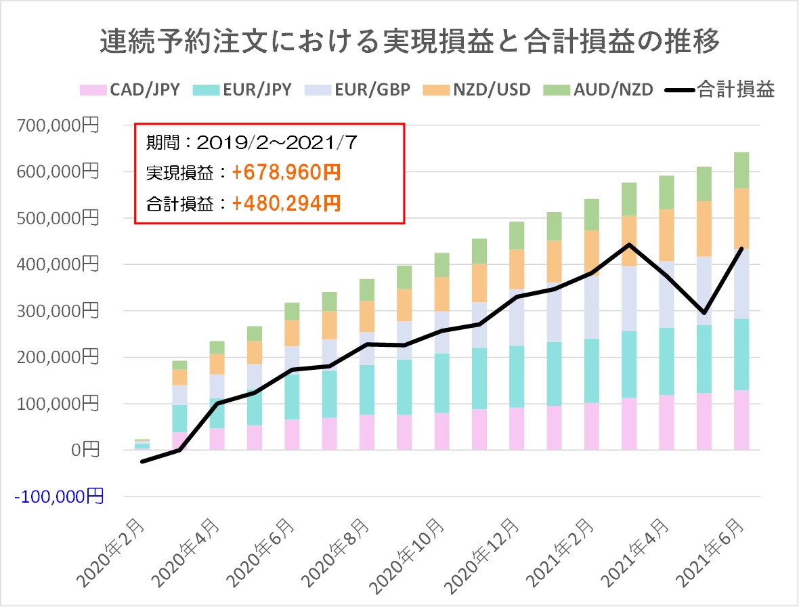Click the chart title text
click(399, 42)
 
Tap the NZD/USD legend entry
click(477, 89)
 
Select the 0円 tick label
click(87, 450)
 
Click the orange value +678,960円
click(285, 173)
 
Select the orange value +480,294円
click(285, 203)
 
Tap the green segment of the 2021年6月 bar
click(741, 170)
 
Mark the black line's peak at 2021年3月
click(629, 245)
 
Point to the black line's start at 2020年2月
click(142, 461)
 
